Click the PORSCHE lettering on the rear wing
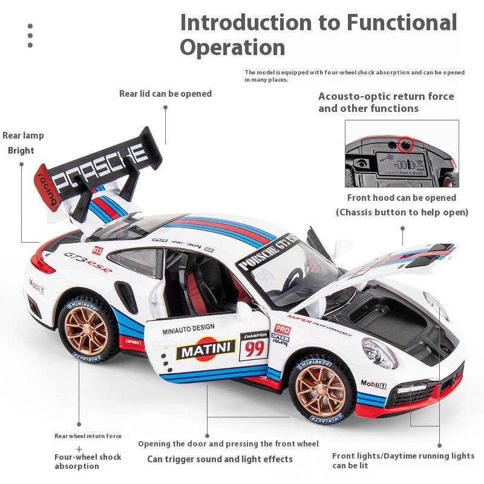pyautogui.click(x=100, y=163)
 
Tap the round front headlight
pyautogui.click(x=380, y=353)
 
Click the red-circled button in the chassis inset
pyautogui.click(x=405, y=145)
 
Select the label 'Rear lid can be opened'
pyautogui.click(x=165, y=94)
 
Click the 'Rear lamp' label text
pyautogui.click(x=23, y=136)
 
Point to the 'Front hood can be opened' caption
pyautogui.click(x=401, y=198)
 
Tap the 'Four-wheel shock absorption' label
pyautogui.click(x=88, y=461)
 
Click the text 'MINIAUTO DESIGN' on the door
pyautogui.click(x=188, y=328)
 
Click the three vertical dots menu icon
pyautogui.click(x=30, y=36)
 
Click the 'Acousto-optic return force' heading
pyautogui.click(x=386, y=97)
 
